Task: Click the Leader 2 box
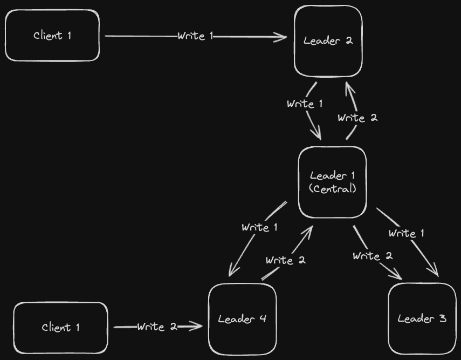click(x=328, y=41)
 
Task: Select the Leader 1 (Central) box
click(x=333, y=182)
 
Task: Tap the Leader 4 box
click(x=242, y=319)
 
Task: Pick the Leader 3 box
click(x=422, y=319)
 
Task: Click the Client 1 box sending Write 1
click(x=52, y=36)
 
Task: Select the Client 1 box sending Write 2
click(x=60, y=328)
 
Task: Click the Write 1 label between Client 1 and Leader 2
click(x=195, y=36)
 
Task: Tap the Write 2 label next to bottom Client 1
click(x=157, y=327)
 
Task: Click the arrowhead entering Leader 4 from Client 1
click(x=198, y=326)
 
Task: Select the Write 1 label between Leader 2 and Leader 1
click(x=305, y=104)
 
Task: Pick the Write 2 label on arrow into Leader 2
click(x=357, y=118)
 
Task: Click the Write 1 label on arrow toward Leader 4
click(x=259, y=227)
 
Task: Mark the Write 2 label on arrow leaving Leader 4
click(x=285, y=260)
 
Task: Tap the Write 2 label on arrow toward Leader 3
click(x=372, y=256)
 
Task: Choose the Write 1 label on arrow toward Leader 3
click(x=406, y=233)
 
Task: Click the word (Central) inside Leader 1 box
click(x=333, y=189)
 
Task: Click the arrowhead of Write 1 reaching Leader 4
click(x=231, y=272)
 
